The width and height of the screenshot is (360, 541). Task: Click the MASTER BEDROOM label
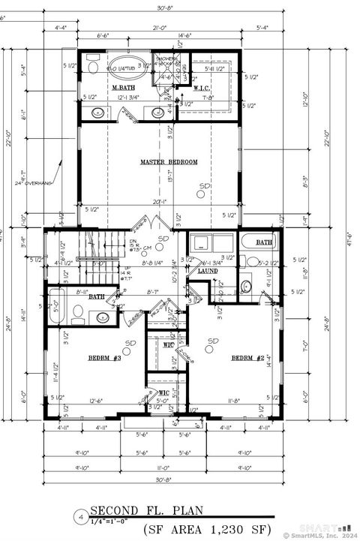169,162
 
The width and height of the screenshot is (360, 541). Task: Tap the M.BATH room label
123,89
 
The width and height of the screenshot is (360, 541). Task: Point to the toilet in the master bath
92,68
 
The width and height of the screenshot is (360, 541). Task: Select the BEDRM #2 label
248,357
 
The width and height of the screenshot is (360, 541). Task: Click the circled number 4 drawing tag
80,517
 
